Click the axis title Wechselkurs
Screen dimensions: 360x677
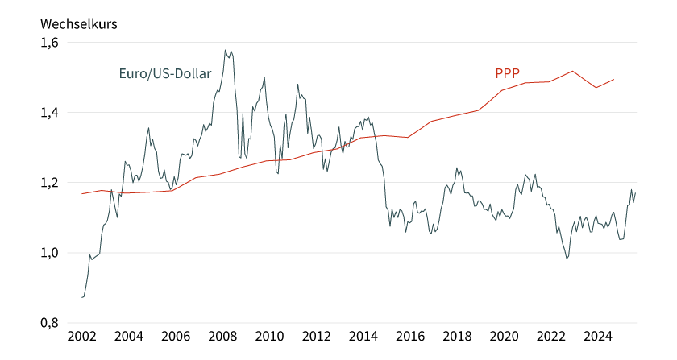pos(79,23)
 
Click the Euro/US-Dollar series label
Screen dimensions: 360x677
pos(164,74)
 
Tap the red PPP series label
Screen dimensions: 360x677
pos(507,74)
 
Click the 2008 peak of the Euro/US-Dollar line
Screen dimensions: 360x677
pos(226,50)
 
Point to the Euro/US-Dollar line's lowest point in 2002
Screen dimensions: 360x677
pos(82,297)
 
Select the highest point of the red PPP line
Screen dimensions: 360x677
pos(572,71)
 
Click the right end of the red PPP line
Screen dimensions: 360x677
pos(614,79)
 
